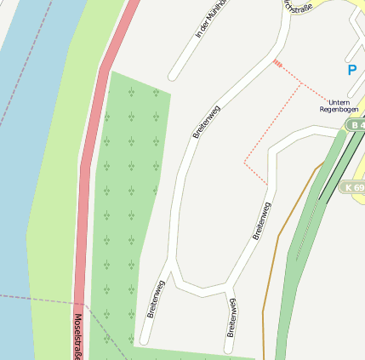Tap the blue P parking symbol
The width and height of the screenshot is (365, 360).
coord(351,71)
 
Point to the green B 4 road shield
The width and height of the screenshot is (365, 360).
coord(356,125)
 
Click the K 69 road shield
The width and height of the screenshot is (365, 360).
coord(354,186)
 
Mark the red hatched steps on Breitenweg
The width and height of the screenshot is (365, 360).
coord(277,62)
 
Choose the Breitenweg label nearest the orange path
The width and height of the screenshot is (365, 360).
coord(261,220)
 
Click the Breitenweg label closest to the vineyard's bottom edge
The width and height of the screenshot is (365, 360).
coord(155,298)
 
